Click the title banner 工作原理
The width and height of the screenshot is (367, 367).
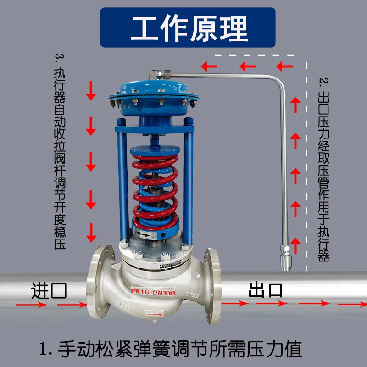point(188,28)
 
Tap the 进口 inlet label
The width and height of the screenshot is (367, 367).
point(49,290)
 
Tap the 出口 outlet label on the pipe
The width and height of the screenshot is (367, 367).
point(266,290)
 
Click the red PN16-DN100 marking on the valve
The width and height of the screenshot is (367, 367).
point(153,292)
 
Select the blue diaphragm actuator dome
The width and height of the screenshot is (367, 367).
point(154,98)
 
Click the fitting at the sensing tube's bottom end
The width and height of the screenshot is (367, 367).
point(285,257)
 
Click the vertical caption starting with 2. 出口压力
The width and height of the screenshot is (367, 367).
point(324,169)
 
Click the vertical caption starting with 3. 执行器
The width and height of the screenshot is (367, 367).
point(60,152)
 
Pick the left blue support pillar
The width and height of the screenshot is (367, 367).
point(122,180)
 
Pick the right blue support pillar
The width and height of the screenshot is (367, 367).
point(189,180)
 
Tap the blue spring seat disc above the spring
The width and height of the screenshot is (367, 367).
point(155,150)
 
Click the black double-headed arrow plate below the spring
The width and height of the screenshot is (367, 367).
point(144,234)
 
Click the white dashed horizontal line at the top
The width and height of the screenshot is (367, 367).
point(255,55)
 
